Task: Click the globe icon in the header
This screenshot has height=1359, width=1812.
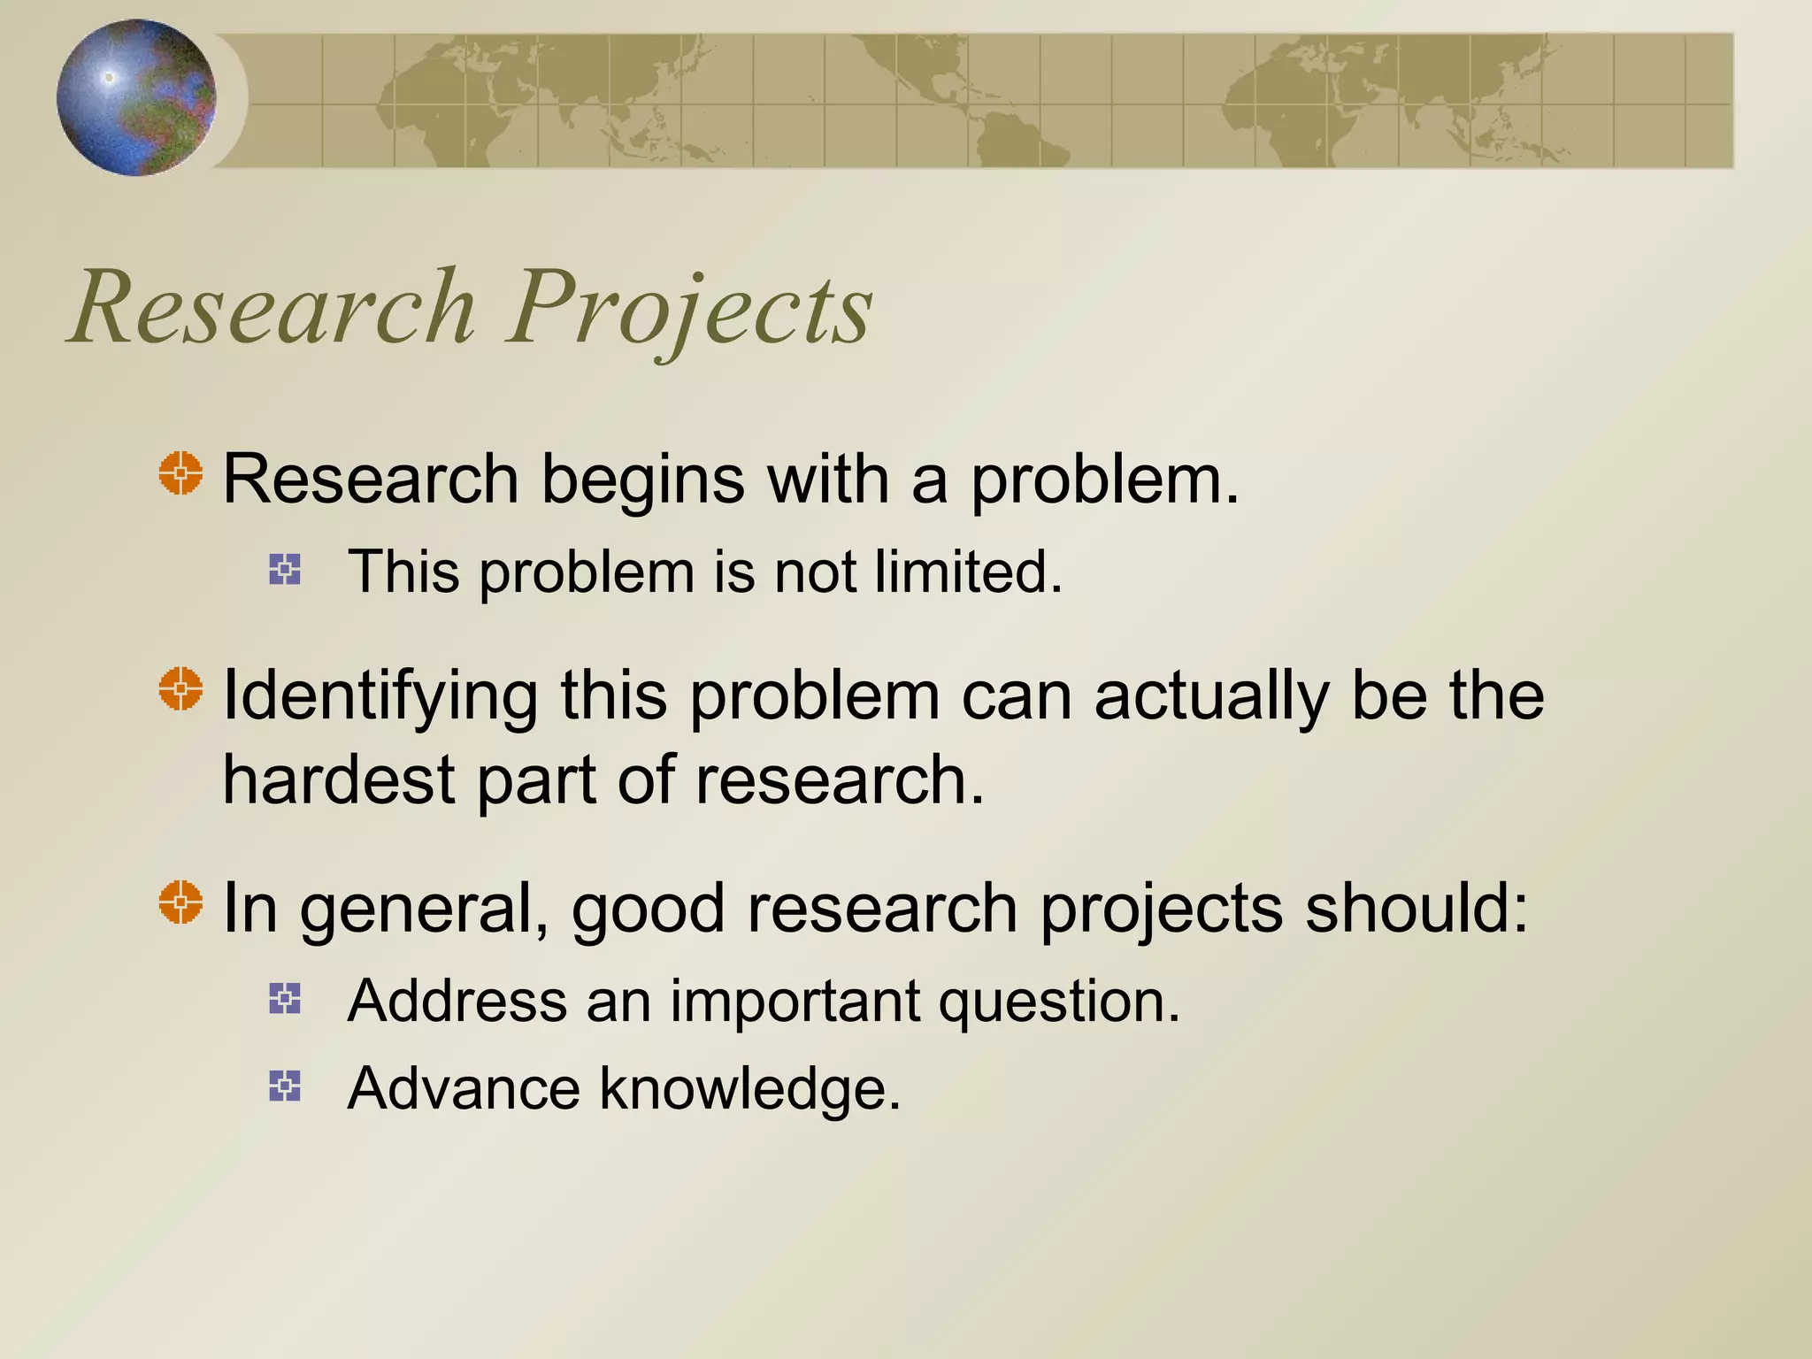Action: pyautogui.click(x=136, y=97)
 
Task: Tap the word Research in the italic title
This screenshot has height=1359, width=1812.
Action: pyautogui.click(x=274, y=308)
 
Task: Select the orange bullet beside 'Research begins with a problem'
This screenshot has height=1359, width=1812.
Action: pyautogui.click(x=181, y=473)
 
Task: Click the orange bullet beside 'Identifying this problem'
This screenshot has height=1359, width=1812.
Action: pyautogui.click(x=181, y=688)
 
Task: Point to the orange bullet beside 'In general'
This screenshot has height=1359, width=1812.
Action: pyautogui.click(x=181, y=902)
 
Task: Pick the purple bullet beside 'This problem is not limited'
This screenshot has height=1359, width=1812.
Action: pyautogui.click(x=285, y=570)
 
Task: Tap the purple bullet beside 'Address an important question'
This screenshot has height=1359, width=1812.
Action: pyautogui.click(x=285, y=999)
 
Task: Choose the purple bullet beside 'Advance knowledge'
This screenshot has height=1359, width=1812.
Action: pyautogui.click(x=285, y=1086)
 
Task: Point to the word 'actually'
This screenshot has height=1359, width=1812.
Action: pyautogui.click(x=1211, y=697)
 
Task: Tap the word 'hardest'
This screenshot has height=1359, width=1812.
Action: pyautogui.click(x=338, y=781)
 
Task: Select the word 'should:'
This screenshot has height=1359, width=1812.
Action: pyautogui.click(x=1417, y=909)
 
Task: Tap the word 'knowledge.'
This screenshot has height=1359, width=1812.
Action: pyautogui.click(x=750, y=1088)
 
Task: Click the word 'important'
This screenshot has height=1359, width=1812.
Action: pyautogui.click(x=795, y=1002)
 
